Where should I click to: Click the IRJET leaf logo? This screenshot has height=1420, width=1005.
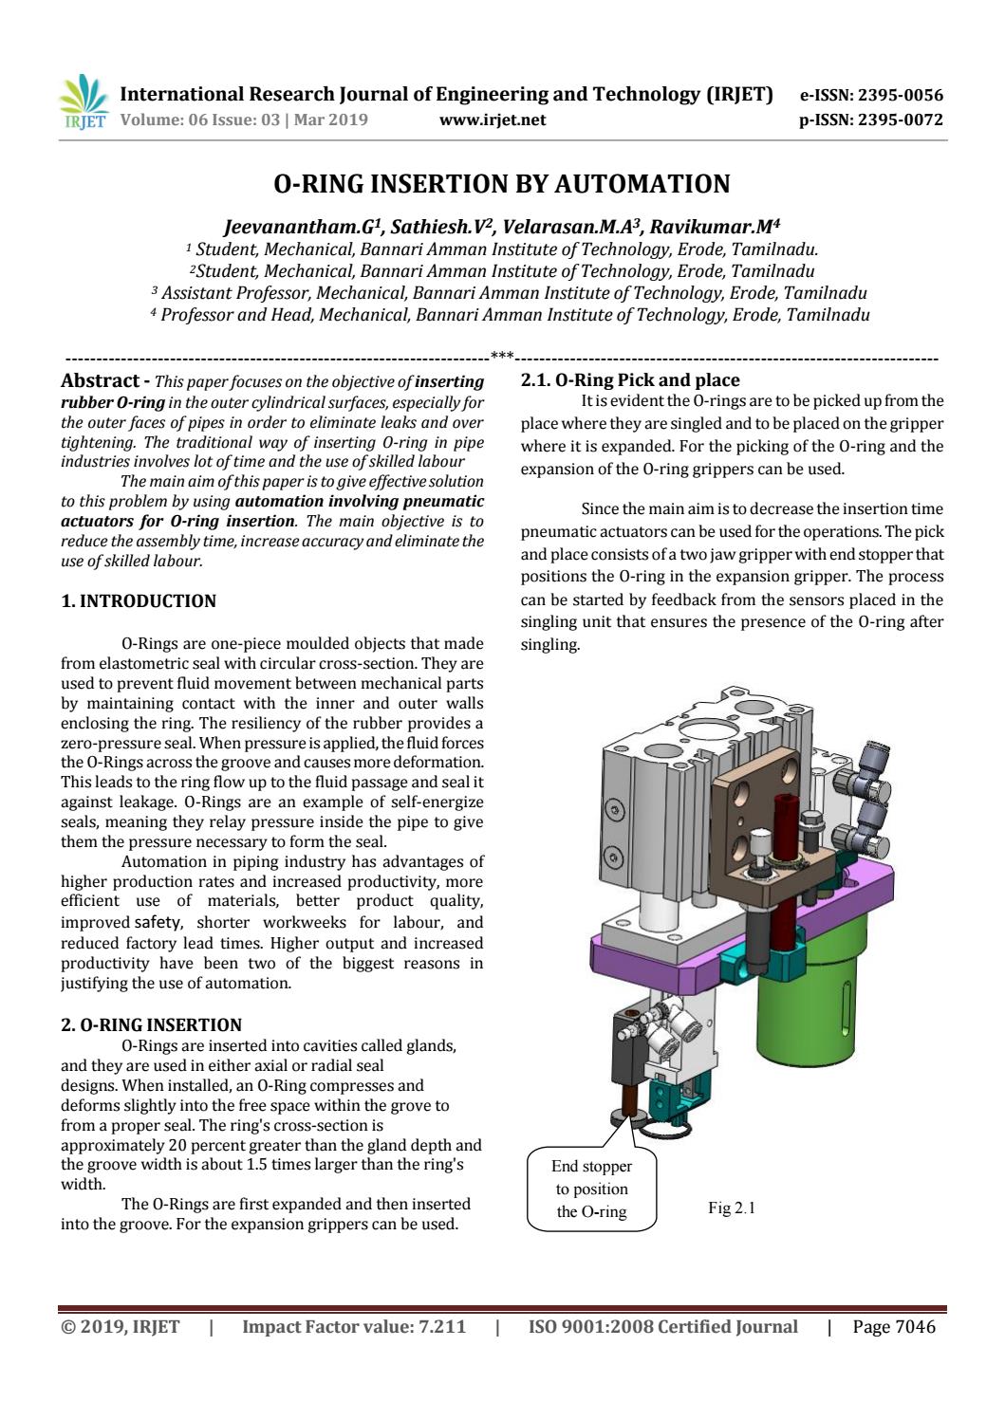coord(84,103)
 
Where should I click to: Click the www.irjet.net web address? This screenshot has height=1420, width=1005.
coord(493,120)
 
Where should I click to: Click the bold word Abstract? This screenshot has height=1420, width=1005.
coord(99,381)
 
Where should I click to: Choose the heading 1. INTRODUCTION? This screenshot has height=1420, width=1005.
coord(138,601)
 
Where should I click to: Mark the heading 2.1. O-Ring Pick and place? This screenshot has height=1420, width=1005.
coord(630,381)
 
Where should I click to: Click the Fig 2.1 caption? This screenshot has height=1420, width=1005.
coord(732,1208)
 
